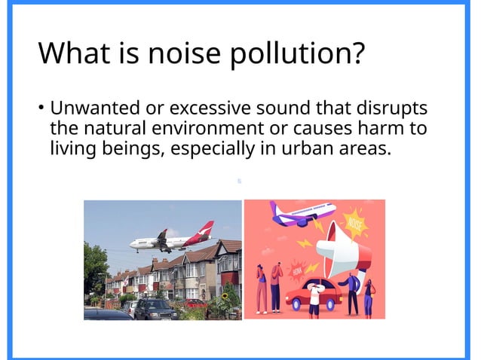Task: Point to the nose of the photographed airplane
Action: (x=133, y=243)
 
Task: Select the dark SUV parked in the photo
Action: (x=155, y=308)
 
